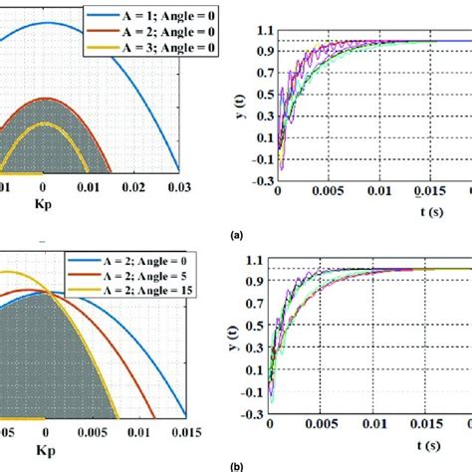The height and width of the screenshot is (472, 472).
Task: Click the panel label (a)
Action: coord(235,237)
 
